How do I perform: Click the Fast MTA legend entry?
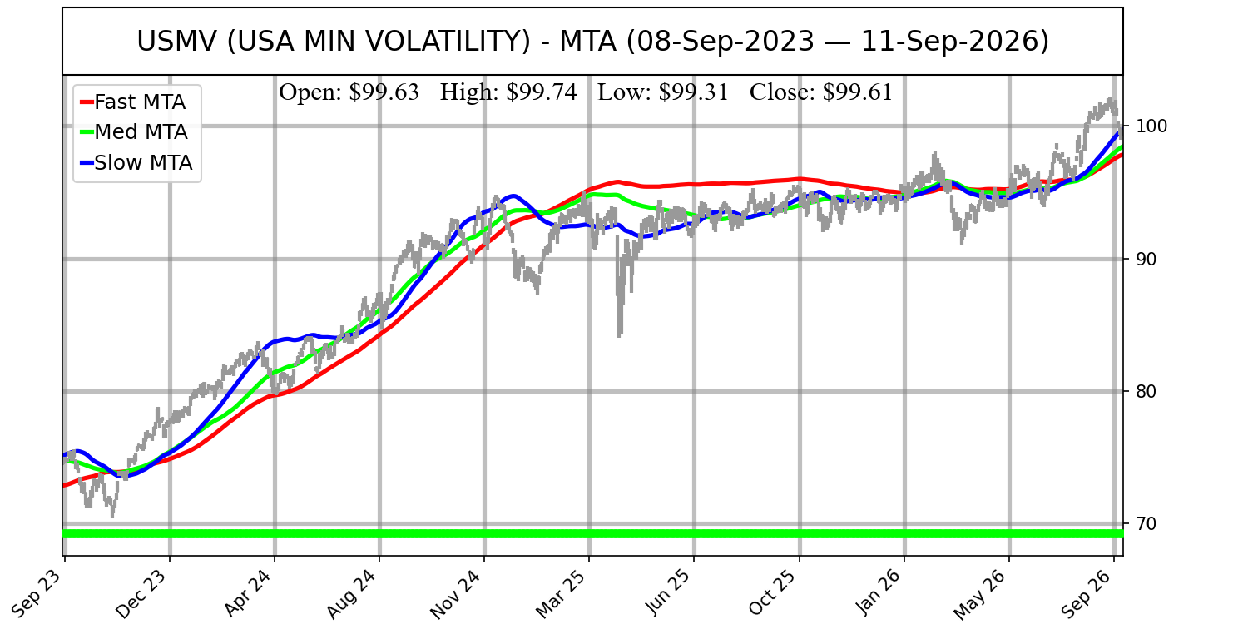[133, 102]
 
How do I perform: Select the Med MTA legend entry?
[134, 132]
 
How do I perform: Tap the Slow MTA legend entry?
[136, 163]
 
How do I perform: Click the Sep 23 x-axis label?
[40, 592]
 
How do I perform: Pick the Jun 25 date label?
[670, 592]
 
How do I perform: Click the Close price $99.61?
[821, 92]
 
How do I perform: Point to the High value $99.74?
[508, 92]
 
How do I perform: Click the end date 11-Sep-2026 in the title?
[955, 42]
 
